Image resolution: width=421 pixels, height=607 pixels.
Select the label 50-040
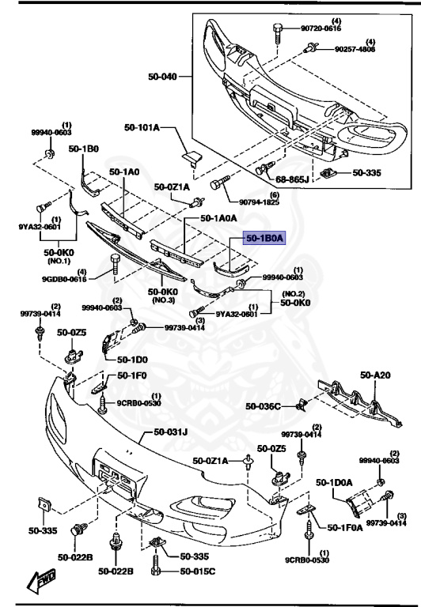tap(162, 77)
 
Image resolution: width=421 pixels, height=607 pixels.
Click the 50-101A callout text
tap(142, 126)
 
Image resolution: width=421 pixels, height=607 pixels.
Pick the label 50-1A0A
tap(219, 217)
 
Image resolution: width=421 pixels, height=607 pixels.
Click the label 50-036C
tap(263, 406)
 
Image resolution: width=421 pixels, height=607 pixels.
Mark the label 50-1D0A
tap(333, 481)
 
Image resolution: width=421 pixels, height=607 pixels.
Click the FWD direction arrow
tap(41, 583)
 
